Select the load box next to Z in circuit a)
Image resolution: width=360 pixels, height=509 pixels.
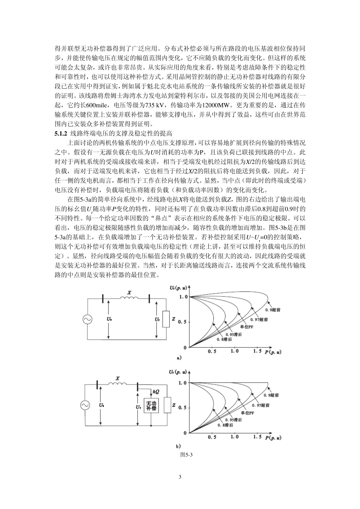point(166,319)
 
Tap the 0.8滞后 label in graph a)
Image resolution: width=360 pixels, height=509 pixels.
point(224,339)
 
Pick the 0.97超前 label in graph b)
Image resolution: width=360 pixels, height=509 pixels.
point(261,406)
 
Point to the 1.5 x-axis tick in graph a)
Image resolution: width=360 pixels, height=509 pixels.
point(257,351)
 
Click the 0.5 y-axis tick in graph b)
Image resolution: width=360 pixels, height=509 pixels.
point(183,408)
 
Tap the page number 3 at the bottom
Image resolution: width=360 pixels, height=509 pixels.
point(180,477)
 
